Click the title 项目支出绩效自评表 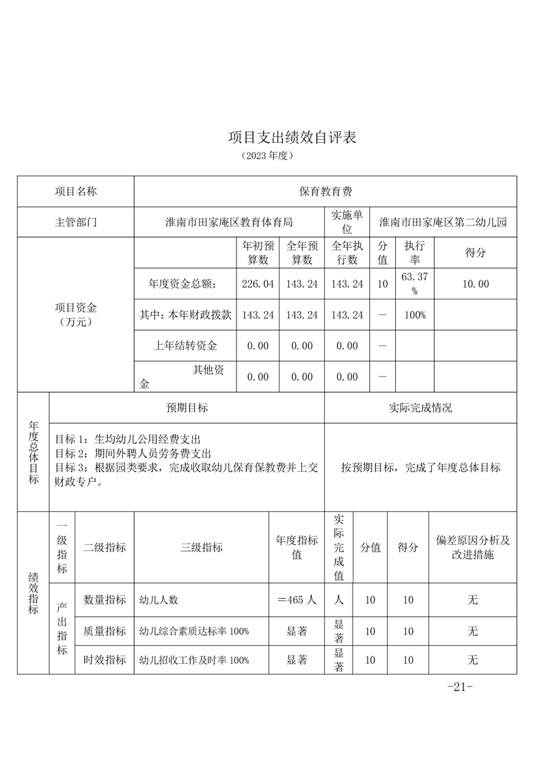tap(293, 137)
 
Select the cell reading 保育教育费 tap(325, 191)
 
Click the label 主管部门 tap(76, 222)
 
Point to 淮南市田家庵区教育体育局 tap(229, 222)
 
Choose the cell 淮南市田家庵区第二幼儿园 tap(443, 222)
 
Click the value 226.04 tap(258, 284)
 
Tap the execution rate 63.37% tap(415, 283)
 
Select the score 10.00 tap(475, 284)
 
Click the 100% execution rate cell tap(415, 315)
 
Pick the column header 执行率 tap(415, 252)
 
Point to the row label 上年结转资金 tap(185, 346)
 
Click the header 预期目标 tap(187, 408)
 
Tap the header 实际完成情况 tap(420, 408)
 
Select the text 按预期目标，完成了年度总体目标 tap(420, 468)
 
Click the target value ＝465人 tap(297, 600)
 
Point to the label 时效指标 tap(105, 660)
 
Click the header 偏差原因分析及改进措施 tap(472, 547)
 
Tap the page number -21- tap(459, 687)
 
